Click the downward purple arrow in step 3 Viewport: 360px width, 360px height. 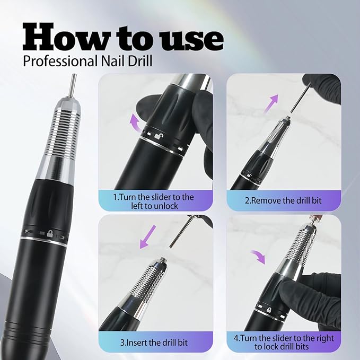click(146, 236)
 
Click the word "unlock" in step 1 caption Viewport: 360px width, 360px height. click(164, 206)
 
